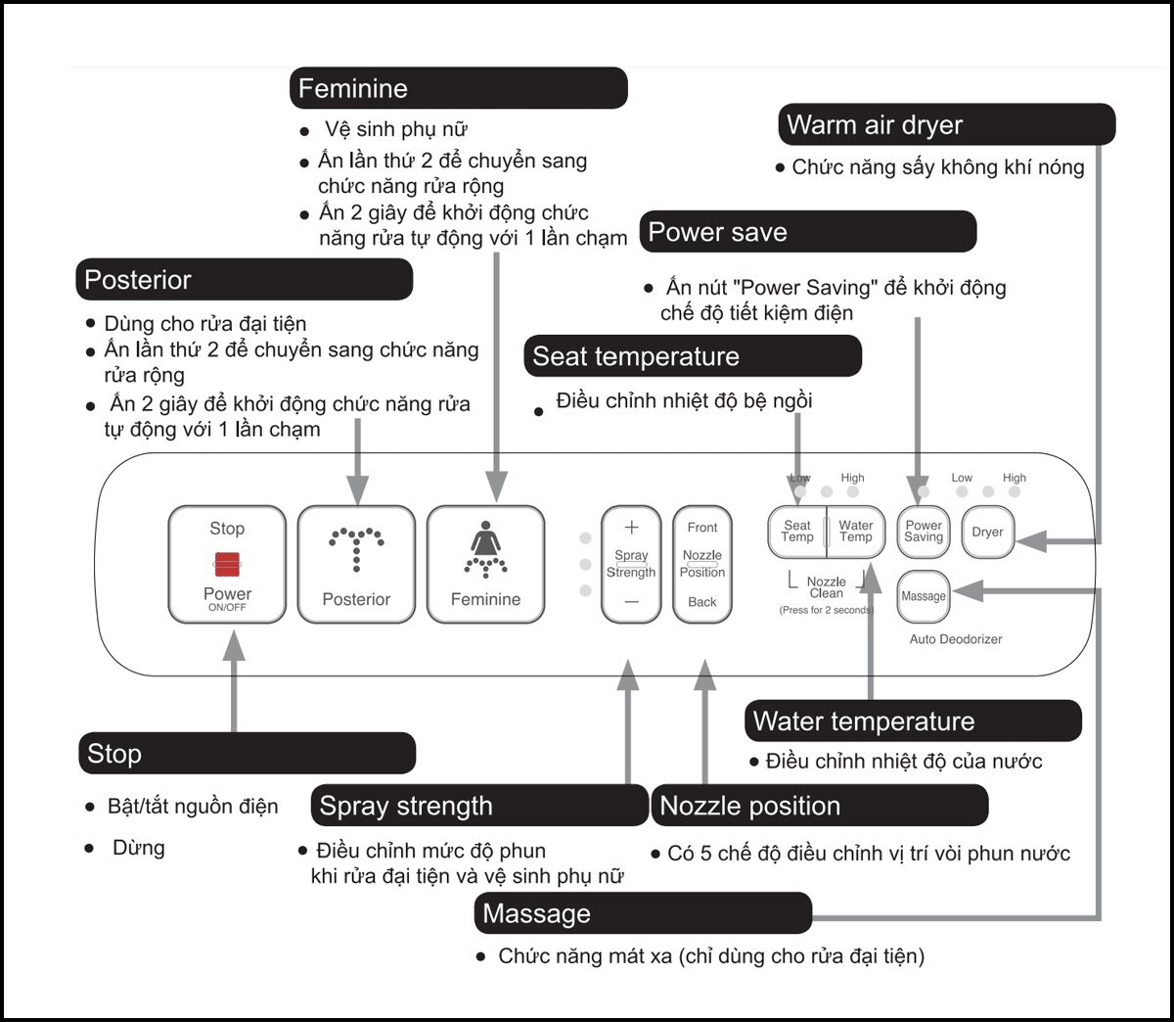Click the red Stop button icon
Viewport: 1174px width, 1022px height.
227,564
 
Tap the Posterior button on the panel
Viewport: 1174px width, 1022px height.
356,564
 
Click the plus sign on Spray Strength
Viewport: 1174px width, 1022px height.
631,528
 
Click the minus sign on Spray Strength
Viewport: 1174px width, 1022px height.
631,602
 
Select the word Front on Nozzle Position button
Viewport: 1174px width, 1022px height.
701,528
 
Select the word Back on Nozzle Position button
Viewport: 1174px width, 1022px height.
701,602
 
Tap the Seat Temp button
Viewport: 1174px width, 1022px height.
797,532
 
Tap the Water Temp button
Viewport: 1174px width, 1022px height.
856,532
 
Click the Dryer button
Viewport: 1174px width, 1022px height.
987,533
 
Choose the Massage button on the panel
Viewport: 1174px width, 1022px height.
924,596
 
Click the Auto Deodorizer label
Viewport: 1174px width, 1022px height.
956,639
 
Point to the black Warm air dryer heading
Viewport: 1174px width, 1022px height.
947,125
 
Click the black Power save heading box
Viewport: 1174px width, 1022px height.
808,232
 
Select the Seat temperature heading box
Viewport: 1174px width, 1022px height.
693,356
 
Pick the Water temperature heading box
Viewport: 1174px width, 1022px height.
913,721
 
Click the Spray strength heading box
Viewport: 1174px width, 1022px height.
479,806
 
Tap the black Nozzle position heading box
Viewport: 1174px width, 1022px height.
820,806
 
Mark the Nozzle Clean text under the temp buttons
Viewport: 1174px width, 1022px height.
827,587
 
